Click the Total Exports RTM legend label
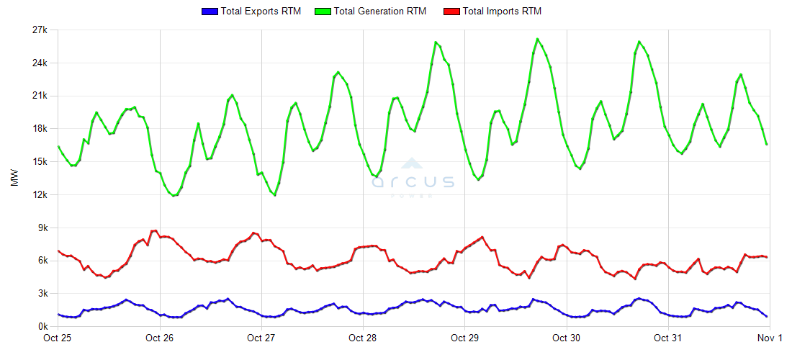point(261,11)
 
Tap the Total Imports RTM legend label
point(502,11)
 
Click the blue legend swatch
point(209,11)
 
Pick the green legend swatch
point(324,11)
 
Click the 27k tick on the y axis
point(38,30)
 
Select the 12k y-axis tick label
point(38,195)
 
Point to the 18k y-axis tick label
point(38,129)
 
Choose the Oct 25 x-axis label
point(58,338)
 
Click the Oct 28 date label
point(363,338)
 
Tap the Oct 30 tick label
point(567,338)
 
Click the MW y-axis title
point(14,179)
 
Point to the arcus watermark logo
point(413,178)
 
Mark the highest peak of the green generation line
point(537,39)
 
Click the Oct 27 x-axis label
point(261,338)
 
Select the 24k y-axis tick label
point(38,63)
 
